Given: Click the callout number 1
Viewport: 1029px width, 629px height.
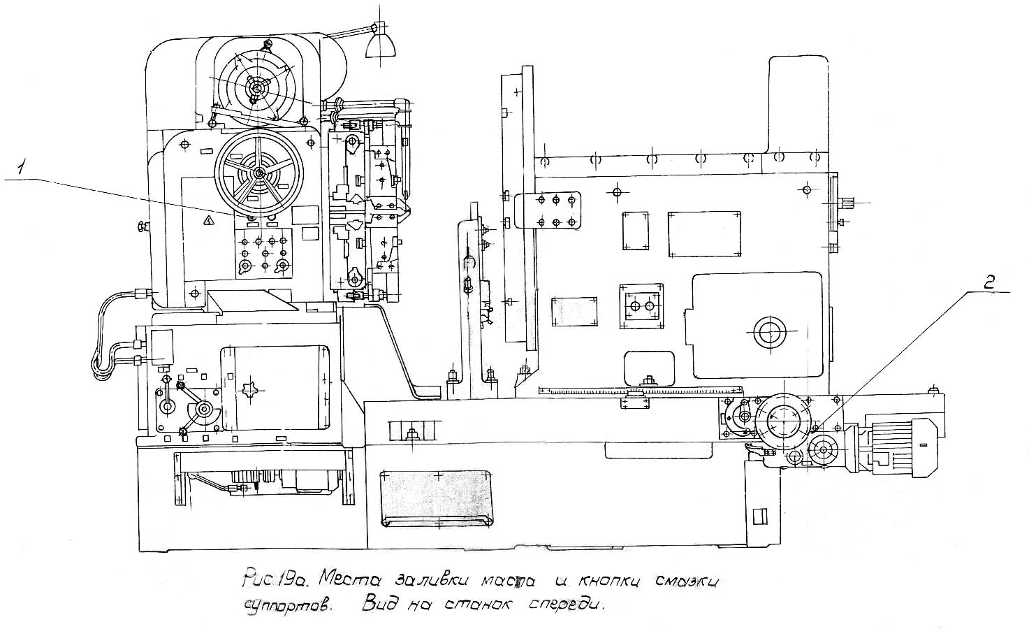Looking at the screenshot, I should pyautogui.click(x=23, y=168).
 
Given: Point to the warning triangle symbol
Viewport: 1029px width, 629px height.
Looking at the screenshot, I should pyautogui.click(x=207, y=221).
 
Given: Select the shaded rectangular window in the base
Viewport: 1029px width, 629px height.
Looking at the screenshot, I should pyautogui.click(x=437, y=498).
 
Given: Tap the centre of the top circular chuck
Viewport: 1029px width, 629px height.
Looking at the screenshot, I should pyautogui.click(x=258, y=87).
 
